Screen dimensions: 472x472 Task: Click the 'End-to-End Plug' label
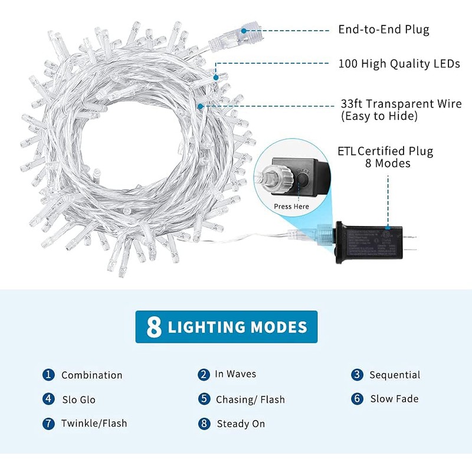click(383, 29)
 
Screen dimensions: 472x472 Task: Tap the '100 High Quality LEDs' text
click(399, 64)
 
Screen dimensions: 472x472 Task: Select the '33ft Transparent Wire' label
click(401, 104)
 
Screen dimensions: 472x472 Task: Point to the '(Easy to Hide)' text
click(379, 117)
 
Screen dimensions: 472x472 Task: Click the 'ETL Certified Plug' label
click(385, 152)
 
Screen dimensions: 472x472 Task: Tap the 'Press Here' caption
click(291, 206)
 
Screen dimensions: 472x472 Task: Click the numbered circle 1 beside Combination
click(48, 375)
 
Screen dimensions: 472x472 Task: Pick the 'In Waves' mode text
click(235, 374)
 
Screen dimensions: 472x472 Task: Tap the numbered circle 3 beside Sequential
click(357, 375)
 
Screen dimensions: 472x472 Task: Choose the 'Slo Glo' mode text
click(78, 399)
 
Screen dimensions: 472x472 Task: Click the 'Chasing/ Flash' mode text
click(250, 399)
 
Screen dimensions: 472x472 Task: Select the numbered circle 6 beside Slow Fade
click(357, 399)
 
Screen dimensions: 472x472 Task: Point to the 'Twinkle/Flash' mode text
click(94, 424)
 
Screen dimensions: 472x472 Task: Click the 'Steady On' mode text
click(241, 424)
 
